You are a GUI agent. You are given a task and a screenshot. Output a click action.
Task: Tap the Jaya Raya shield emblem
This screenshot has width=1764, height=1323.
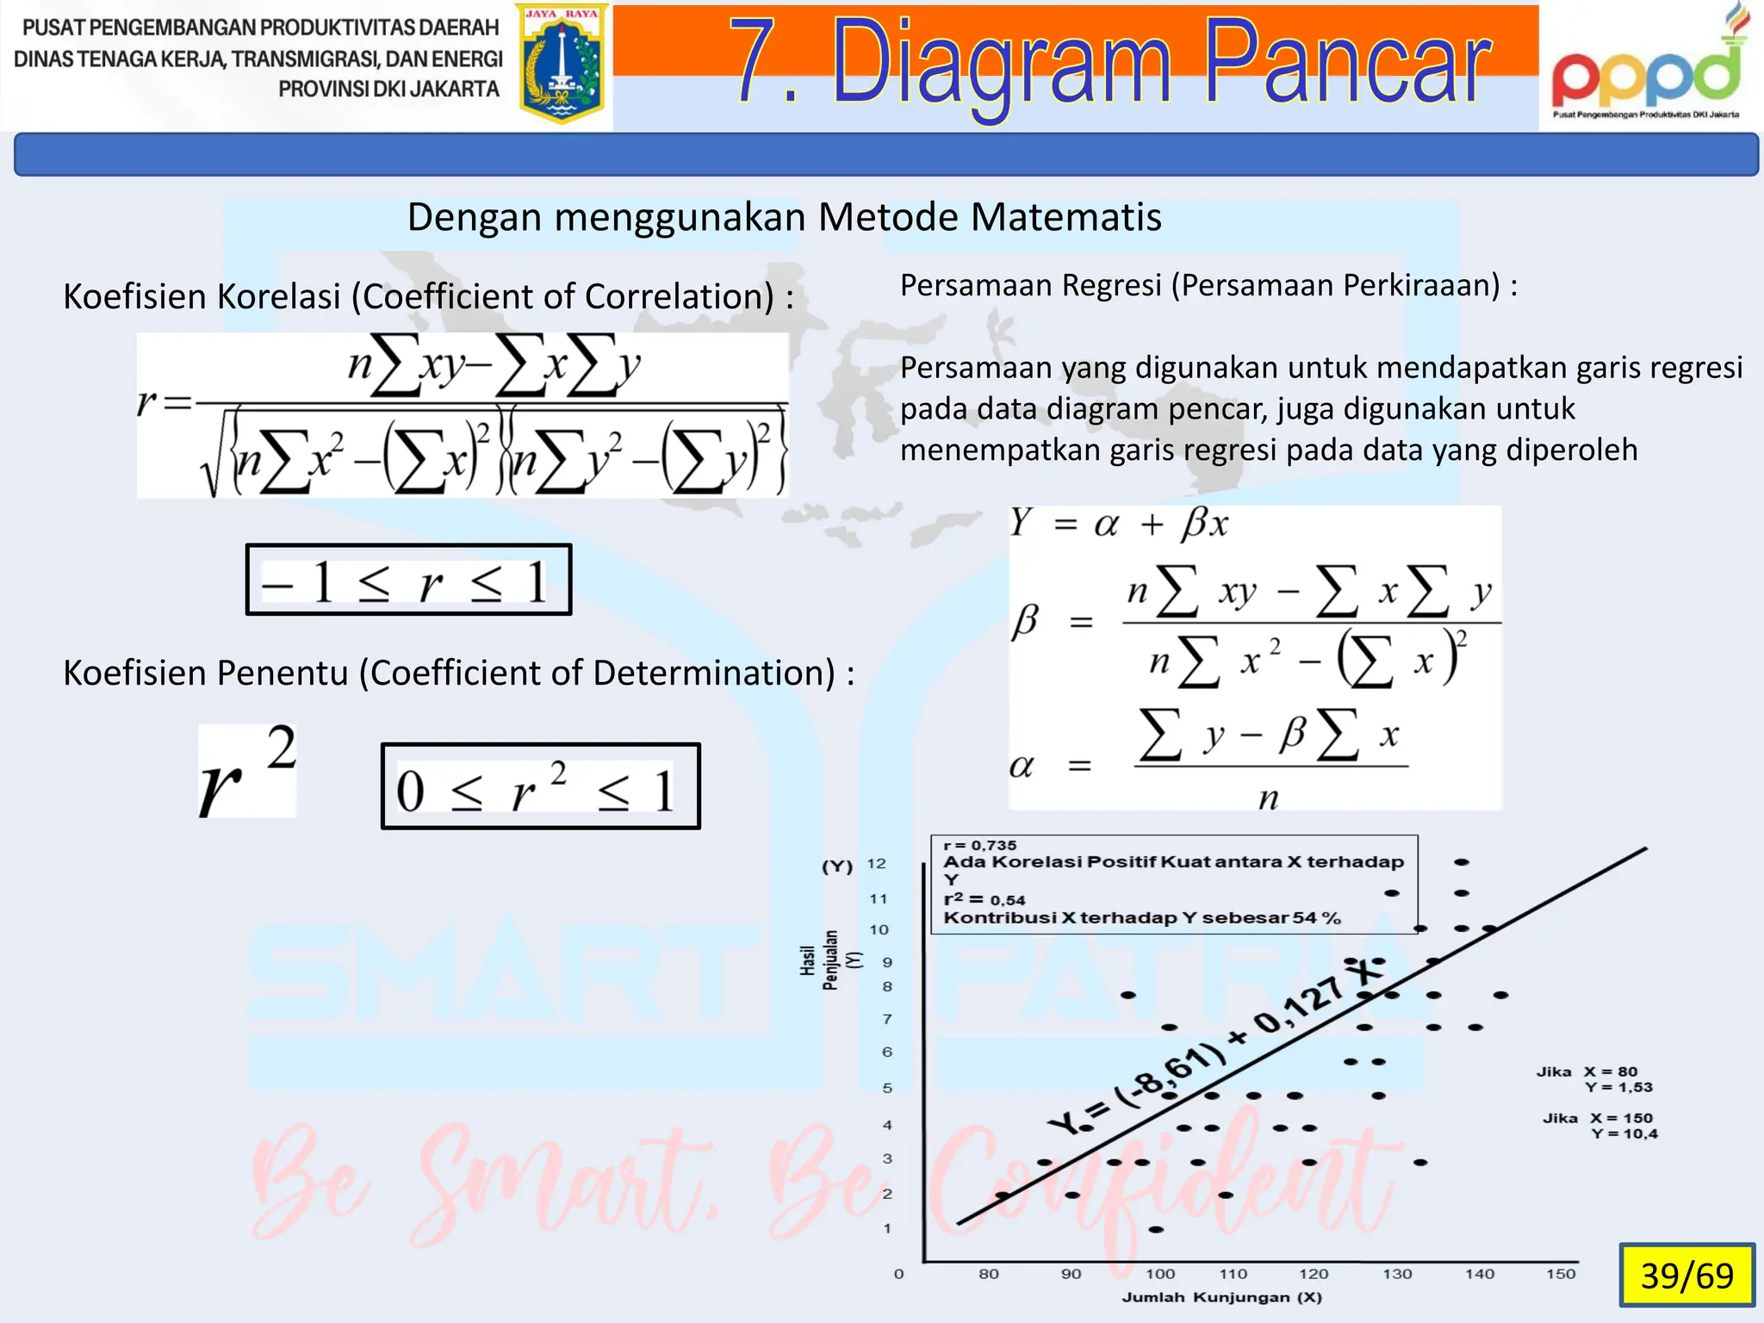[562, 65]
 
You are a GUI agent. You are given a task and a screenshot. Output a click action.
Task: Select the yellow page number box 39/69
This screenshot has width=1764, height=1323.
[1686, 1275]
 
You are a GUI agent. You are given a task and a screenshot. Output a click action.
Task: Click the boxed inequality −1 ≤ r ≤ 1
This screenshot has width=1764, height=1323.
[408, 581]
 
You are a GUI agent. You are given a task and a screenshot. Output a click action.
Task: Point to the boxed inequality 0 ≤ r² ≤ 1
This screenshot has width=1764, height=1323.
[540, 787]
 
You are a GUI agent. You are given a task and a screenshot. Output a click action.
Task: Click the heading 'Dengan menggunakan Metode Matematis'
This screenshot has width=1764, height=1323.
[784, 217]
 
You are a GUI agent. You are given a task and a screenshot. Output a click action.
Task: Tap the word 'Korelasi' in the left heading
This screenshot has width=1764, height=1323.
[278, 296]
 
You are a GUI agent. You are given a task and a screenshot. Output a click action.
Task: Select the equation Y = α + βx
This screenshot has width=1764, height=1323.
[1118, 523]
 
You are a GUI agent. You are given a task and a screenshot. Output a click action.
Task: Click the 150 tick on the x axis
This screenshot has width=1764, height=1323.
[1560, 1274]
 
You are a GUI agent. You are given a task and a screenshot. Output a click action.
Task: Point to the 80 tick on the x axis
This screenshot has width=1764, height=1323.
[989, 1274]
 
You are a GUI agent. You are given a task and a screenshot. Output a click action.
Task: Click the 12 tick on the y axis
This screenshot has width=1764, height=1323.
[876, 864]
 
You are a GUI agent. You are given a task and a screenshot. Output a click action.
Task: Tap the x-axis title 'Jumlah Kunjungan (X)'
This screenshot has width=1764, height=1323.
[1221, 1297]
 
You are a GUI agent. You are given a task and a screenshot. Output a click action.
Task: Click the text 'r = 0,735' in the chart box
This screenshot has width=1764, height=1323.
[980, 846]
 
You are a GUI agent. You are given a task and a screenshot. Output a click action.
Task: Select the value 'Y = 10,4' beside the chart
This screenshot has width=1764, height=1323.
[1624, 1134]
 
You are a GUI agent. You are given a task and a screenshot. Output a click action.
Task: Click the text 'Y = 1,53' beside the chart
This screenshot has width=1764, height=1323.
[1618, 1087]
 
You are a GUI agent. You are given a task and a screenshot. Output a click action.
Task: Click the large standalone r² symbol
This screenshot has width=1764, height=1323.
[247, 771]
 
